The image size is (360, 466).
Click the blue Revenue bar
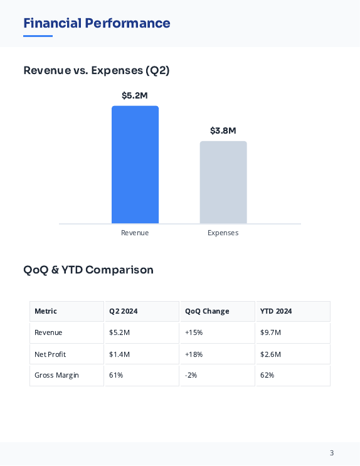pyautogui.click(x=135, y=164)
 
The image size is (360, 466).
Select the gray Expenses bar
pyautogui.click(x=223, y=182)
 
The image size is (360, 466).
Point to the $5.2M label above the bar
pyautogui.click(x=135, y=96)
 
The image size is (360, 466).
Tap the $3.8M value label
pyautogui.click(x=223, y=131)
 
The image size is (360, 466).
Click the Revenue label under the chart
pyautogui.click(x=135, y=233)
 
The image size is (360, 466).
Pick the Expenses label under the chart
pyautogui.click(x=223, y=233)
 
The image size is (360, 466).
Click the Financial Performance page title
pyautogui.click(x=97, y=24)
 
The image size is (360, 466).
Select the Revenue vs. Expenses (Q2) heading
pyautogui.click(x=97, y=70)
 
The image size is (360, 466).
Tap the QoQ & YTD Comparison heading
pyautogui.click(x=88, y=270)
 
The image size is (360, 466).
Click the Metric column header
pyautogui.click(x=46, y=311)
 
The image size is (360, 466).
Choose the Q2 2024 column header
pyautogui.click(x=124, y=311)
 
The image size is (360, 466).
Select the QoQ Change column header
pyautogui.click(x=207, y=311)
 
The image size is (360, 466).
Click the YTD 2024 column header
pyautogui.click(x=276, y=311)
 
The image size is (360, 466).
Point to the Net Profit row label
pyautogui.click(x=50, y=354)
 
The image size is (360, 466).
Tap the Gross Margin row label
pyautogui.click(x=56, y=375)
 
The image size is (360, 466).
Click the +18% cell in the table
pyautogui.click(x=194, y=354)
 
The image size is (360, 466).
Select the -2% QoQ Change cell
pyautogui.click(x=191, y=375)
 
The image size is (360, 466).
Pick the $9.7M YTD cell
pyautogui.click(x=270, y=332)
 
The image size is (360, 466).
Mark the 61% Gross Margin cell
pyautogui.click(x=116, y=375)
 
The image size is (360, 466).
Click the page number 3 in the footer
pyautogui.click(x=332, y=453)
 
